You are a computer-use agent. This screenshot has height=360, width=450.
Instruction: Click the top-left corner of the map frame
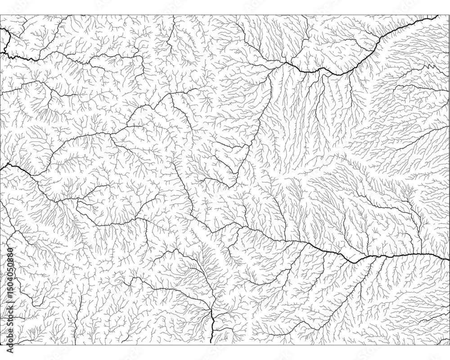[0, 15]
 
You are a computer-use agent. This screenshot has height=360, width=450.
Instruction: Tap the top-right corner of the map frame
[449, 15]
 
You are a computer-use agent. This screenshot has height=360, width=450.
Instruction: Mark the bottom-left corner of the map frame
[0, 345]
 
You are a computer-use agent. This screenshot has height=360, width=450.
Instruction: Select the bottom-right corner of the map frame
[449, 345]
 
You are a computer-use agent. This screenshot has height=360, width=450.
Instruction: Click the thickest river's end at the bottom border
[212, 345]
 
